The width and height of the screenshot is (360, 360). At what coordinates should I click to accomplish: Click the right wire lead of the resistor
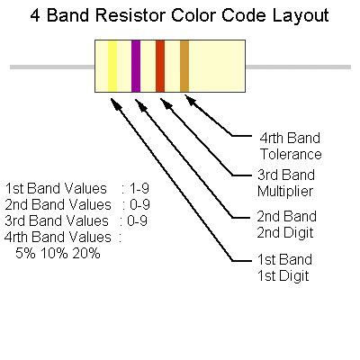pyautogui.click(x=297, y=67)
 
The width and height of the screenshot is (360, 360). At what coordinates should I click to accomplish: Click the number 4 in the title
pyautogui.click(x=35, y=15)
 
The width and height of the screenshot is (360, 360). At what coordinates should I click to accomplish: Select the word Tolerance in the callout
pyautogui.click(x=291, y=155)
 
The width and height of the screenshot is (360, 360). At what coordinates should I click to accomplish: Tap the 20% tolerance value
pyautogui.click(x=87, y=254)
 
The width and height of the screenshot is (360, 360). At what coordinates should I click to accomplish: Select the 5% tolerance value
pyautogui.click(x=26, y=254)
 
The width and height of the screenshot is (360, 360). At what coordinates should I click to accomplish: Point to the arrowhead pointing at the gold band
pyautogui.click(x=190, y=98)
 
